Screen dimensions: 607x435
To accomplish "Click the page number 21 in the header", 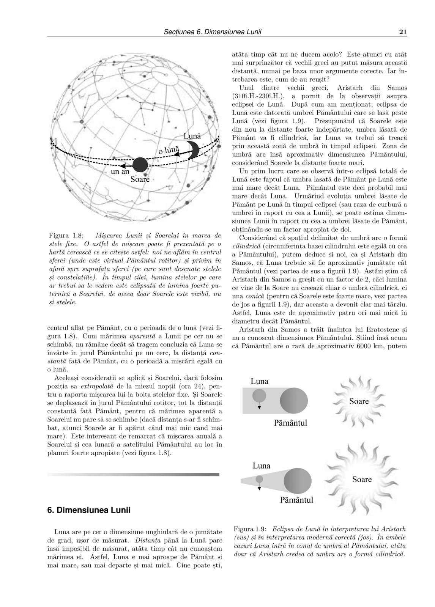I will [x=403, y=32].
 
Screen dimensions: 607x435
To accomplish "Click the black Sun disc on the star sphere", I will [x=140, y=165].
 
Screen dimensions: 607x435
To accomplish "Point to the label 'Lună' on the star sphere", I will [x=192, y=136].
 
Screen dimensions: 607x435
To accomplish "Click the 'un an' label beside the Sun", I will [x=120, y=172].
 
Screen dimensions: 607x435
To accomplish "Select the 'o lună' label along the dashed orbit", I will [x=169, y=150].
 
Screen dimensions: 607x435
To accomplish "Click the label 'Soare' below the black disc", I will [x=140, y=179].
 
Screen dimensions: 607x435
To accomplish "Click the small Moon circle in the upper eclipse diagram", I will [x=259, y=396].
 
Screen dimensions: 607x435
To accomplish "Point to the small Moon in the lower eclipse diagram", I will [x=259, y=479].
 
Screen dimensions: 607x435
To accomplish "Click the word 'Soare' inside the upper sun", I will [x=359, y=401].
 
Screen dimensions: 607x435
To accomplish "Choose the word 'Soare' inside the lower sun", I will [x=362, y=479].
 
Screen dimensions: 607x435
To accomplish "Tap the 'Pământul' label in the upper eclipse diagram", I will [x=290, y=423].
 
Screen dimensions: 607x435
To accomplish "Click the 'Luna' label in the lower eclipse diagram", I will [x=262, y=465].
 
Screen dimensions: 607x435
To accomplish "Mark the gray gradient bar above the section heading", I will [x=133, y=474].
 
